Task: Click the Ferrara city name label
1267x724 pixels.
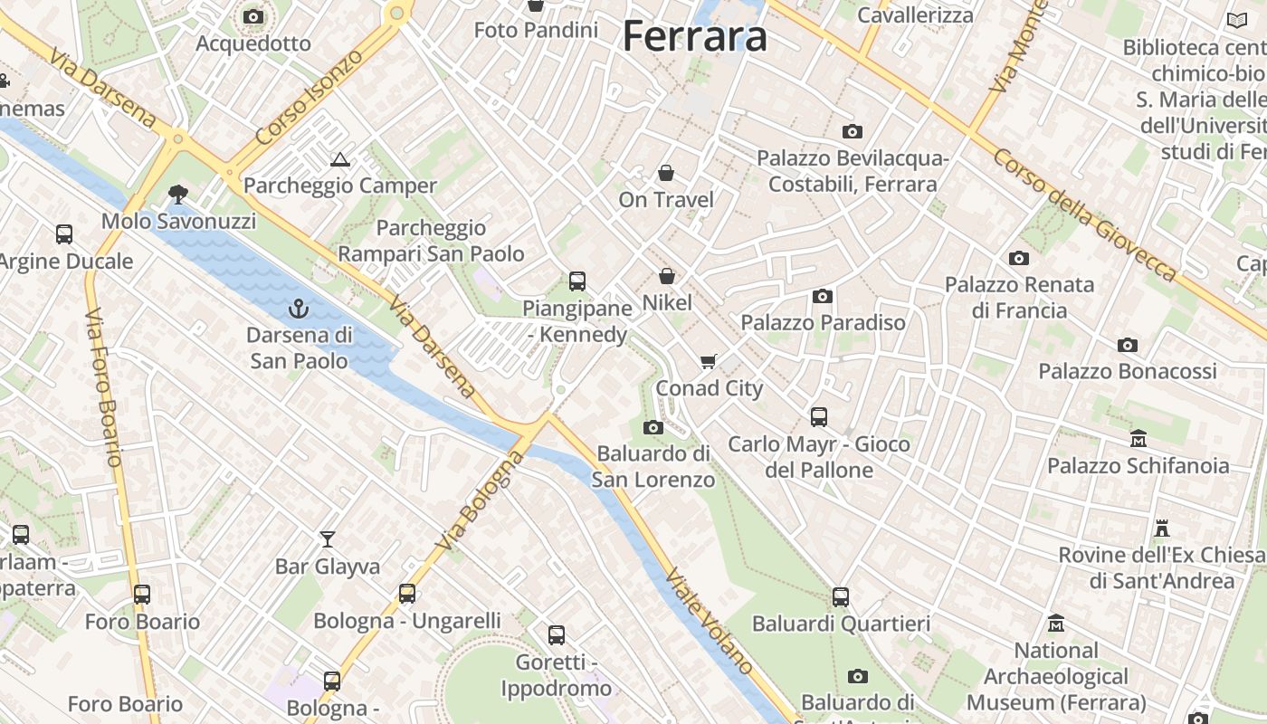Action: point(695,36)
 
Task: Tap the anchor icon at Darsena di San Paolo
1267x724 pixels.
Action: point(298,310)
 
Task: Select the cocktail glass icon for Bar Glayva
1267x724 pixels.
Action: point(328,539)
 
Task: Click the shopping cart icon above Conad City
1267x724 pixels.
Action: point(709,361)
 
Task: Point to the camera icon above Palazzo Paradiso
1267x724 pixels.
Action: point(823,296)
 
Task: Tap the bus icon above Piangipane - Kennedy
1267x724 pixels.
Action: point(577,281)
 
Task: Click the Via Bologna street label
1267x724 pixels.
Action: point(480,500)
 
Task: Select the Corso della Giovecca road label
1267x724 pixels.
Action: point(1085,214)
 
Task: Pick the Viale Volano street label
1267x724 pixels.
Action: point(710,621)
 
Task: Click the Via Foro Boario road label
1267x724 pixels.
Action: point(103,387)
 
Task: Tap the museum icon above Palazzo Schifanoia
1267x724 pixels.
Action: point(1138,439)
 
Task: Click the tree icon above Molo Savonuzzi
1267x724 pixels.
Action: point(178,194)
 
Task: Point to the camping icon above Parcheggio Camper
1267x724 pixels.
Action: point(340,160)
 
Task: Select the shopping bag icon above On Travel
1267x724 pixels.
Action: point(666,173)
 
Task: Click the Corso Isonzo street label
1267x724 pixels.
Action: point(310,97)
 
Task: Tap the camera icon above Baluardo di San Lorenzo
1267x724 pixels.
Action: point(653,427)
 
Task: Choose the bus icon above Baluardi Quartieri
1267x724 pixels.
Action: point(841,597)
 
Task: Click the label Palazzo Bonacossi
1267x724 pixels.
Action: point(1127,371)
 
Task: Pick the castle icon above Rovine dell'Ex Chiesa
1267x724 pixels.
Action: point(1162,528)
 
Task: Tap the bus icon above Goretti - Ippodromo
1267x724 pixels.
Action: point(557,635)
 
